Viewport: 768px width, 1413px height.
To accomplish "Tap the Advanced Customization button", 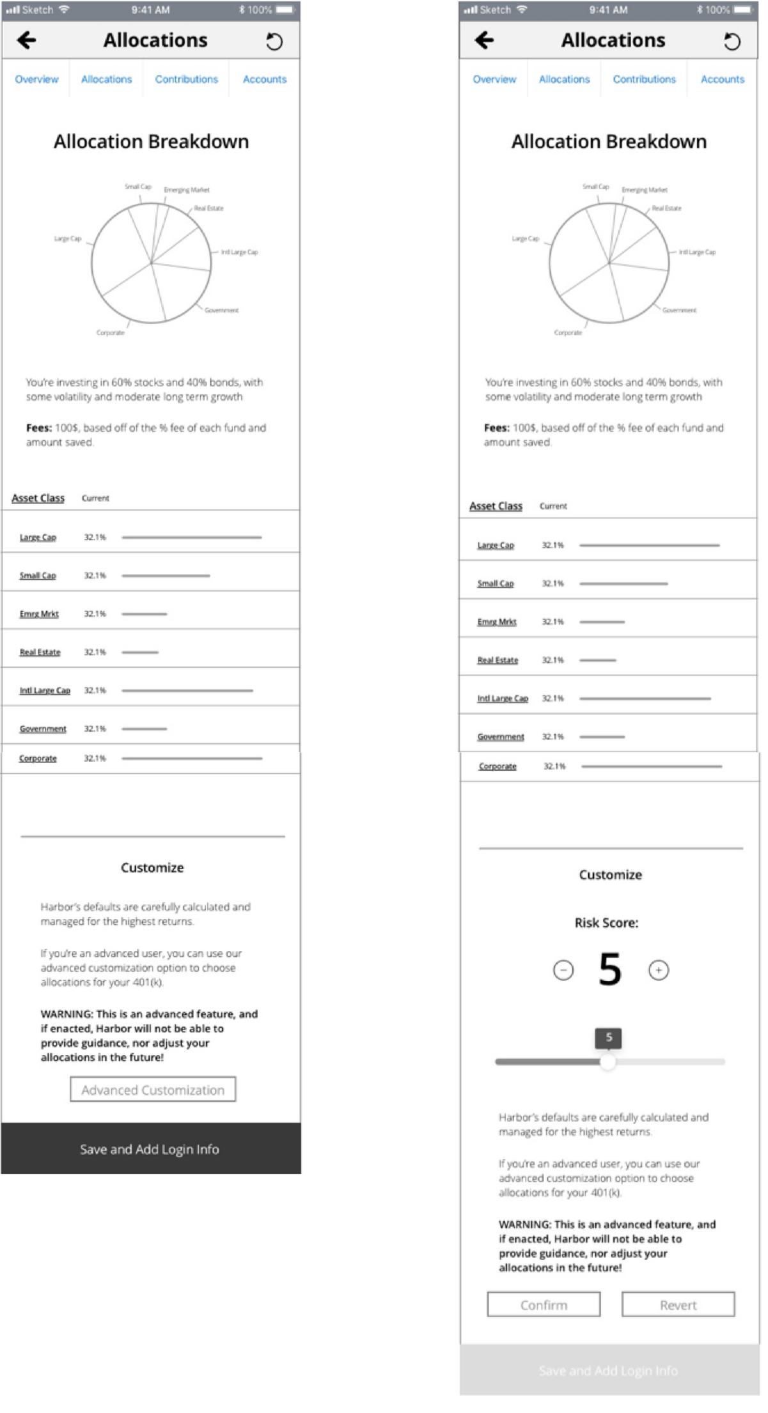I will [153, 1090].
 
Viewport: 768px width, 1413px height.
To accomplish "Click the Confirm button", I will [544, 1305].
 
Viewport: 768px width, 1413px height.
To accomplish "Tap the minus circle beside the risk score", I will [563, 971].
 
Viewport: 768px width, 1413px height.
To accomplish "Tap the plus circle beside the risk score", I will [659, 971].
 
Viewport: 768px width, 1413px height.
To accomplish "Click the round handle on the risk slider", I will [607, 1062].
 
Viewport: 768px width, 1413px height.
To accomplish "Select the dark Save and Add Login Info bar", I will [150, 1149].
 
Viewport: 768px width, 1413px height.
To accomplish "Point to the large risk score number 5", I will [610, 969].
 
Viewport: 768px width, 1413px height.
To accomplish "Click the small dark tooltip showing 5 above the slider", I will [608, 1037].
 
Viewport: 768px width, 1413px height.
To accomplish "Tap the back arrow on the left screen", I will [27, 41].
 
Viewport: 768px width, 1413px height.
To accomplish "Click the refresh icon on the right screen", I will [732, 42].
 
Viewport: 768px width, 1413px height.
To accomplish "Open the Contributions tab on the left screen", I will [186, 79].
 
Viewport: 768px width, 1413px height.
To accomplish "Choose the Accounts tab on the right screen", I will [722, 79].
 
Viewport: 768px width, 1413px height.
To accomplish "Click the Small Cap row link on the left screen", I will [38, 576].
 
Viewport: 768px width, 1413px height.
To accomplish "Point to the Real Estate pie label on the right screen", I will [666, 208].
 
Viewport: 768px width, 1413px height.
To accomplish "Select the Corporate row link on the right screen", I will [498, 766].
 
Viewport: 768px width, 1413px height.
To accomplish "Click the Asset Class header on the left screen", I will [38, 498].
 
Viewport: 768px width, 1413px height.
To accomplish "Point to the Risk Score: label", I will [606, 923].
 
